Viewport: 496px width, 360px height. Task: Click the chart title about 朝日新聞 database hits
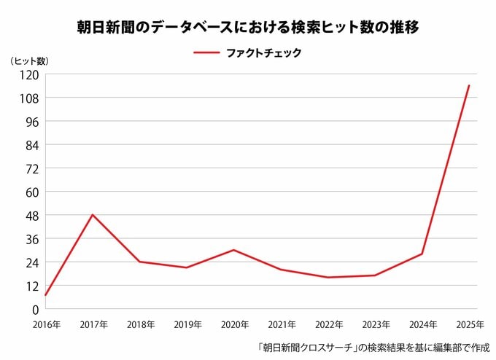248,27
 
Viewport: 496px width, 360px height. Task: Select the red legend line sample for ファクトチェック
206,52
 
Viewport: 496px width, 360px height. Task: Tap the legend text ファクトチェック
264,52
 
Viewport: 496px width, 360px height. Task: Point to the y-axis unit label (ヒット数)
29,61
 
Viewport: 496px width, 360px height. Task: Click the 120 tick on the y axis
29,75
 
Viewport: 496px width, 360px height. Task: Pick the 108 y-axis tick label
29,98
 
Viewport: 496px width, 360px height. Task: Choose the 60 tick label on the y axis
32,192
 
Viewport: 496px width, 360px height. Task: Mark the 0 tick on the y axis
36,310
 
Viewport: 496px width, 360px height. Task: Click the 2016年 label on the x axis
47,324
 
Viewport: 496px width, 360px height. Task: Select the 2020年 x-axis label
235,324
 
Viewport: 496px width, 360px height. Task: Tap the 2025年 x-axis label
470,324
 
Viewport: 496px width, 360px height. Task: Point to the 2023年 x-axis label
376,324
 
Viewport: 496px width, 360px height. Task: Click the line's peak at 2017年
93,215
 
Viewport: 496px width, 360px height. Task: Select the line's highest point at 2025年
469,85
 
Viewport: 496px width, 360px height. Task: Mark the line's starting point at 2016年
45,295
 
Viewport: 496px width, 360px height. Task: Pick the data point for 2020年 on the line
233,250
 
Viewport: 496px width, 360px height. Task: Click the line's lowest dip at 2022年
328,278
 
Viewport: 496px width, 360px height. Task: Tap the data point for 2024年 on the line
422,254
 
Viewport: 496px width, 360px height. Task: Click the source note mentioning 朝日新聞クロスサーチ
373,348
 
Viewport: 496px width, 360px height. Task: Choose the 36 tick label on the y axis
32,240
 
